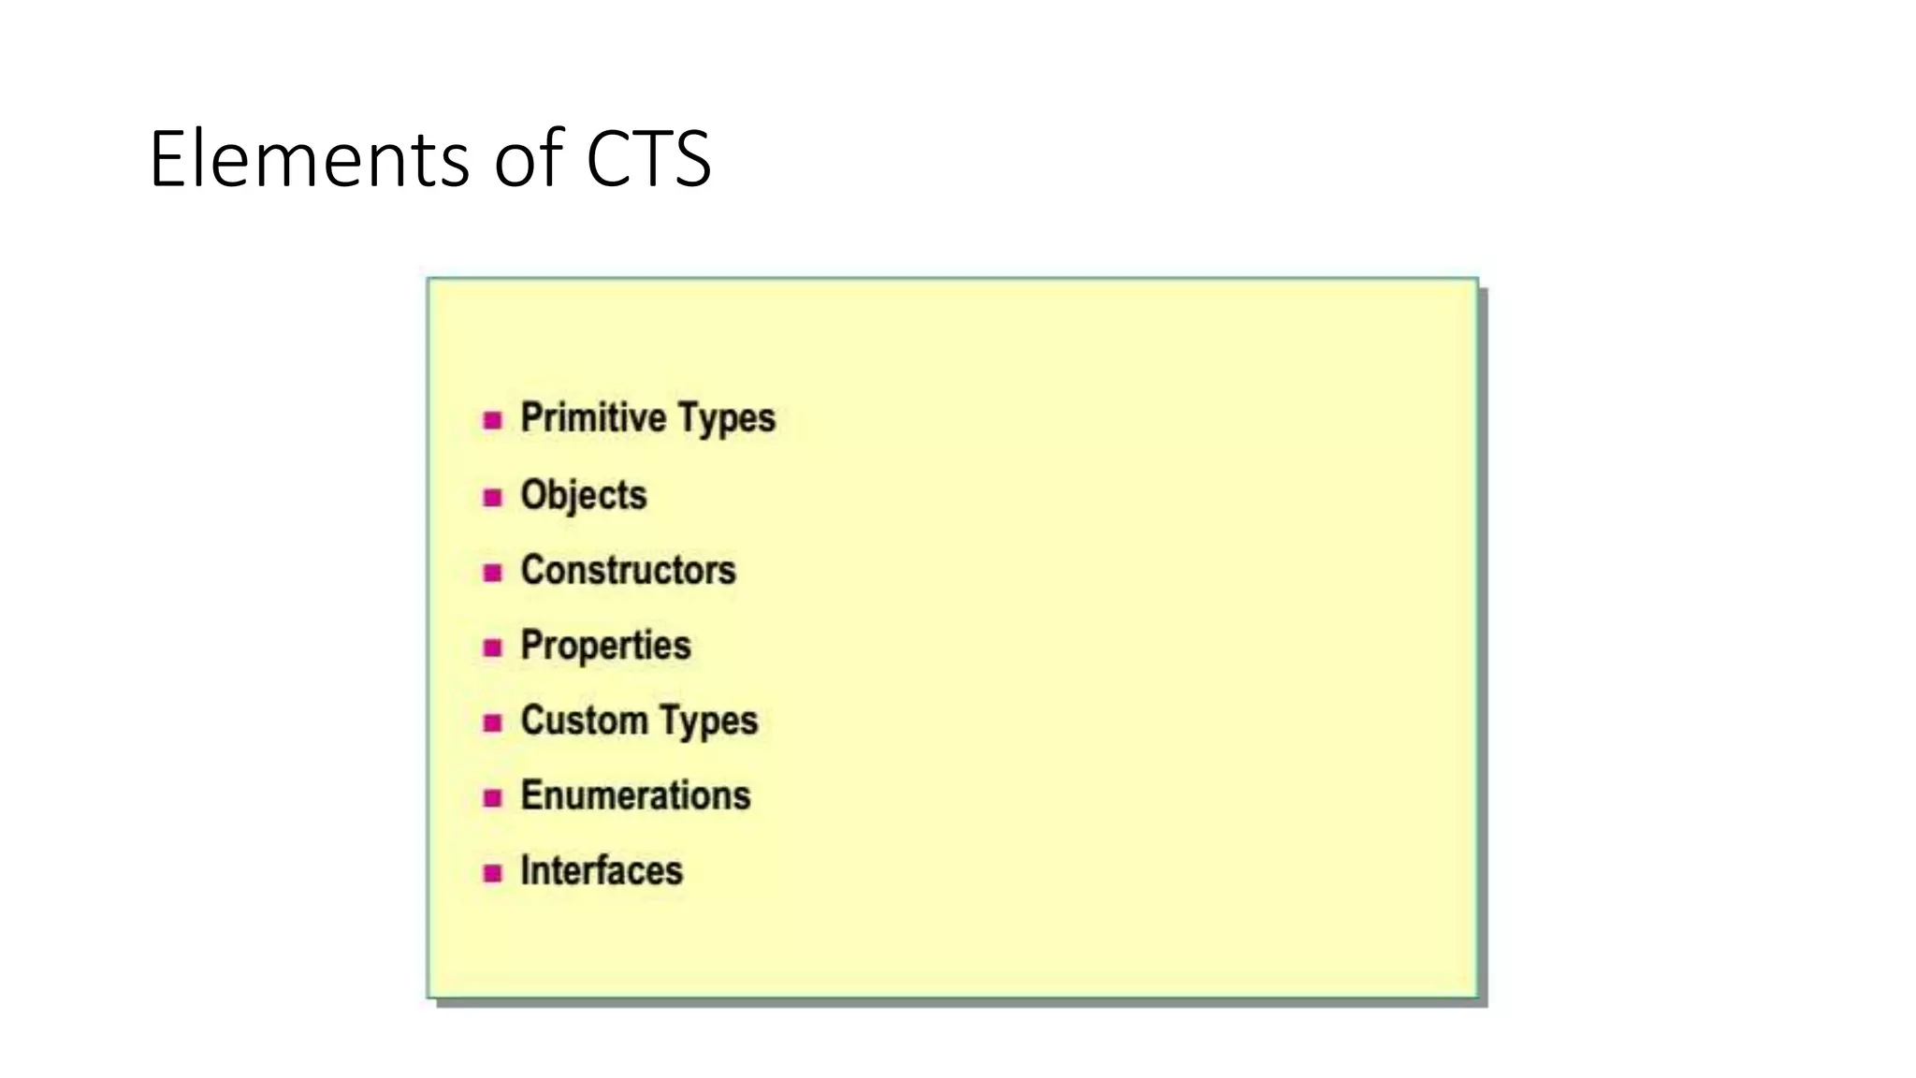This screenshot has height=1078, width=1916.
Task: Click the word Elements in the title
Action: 309,159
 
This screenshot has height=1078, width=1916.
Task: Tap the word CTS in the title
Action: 647,159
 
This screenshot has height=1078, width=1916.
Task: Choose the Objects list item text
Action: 583,495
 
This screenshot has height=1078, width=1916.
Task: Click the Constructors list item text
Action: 628,570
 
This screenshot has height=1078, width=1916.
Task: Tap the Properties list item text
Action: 605,646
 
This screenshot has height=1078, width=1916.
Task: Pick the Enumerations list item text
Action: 635,795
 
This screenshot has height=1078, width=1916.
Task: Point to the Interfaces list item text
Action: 602,871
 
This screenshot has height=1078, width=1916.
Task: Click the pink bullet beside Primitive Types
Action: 493,420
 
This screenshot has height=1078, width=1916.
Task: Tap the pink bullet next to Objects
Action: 493,497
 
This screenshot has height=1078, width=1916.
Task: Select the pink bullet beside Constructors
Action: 493,572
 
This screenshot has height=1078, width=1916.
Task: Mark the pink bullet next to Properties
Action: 493,648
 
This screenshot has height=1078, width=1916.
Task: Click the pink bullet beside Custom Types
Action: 493,722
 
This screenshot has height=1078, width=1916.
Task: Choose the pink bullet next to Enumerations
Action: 493,797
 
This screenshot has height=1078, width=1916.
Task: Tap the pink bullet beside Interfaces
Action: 493,873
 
